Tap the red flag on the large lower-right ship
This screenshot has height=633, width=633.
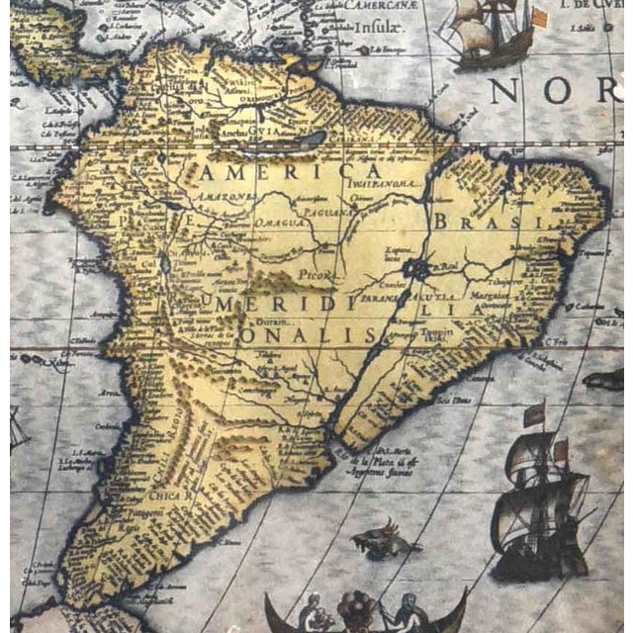coord(534,413)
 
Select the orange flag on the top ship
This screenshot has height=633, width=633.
coord(538,19)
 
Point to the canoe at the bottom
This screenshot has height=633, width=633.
coord(366,614)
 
